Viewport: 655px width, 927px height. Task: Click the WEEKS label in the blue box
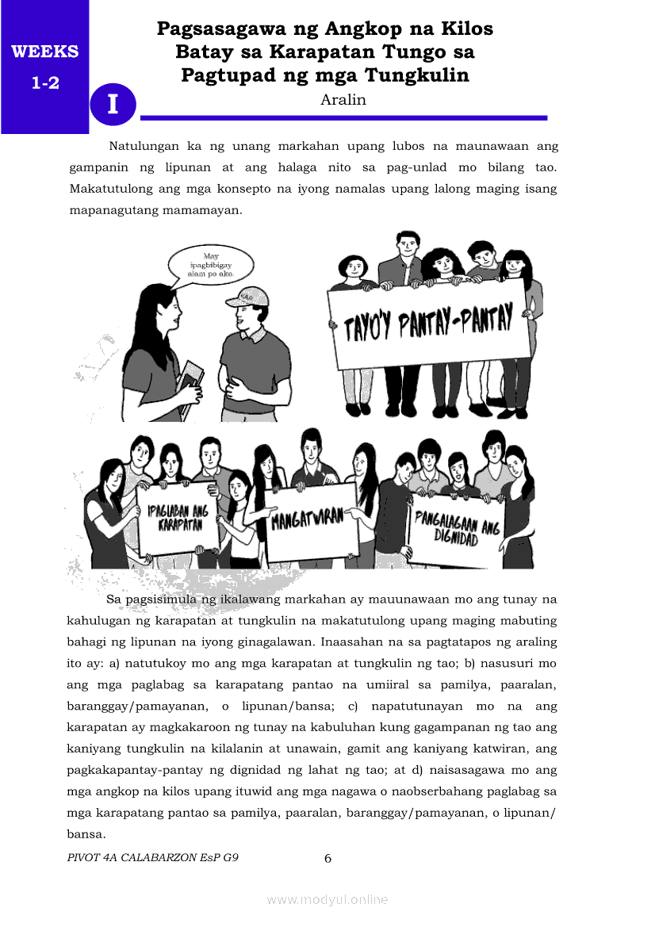(x=44, y=52)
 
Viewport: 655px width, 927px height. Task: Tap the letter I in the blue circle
(x=113, y=104)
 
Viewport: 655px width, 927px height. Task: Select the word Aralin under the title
(x=343, y=100)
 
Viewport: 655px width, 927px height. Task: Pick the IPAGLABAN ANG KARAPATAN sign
(x=178, y=518)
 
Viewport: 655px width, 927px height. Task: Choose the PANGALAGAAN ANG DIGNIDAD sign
(x=457, y=527)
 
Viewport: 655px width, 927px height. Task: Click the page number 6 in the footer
(x=327, y=858)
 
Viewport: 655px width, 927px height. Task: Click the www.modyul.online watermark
(x=327, y=899)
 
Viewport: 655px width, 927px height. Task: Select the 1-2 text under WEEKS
(x=45, y=82)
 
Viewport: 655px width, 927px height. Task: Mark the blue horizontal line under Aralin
(x=343, y=117)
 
